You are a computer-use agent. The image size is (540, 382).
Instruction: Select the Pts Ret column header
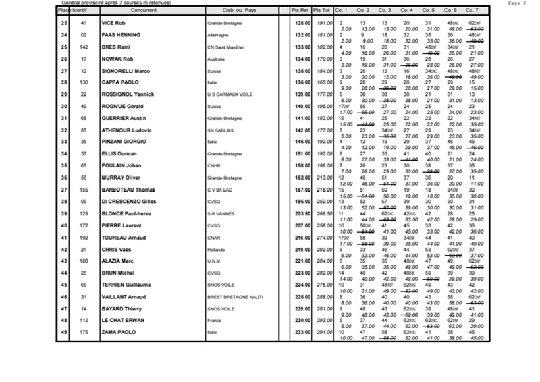[x=300, y=11]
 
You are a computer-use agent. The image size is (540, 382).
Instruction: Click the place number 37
[x=65, y=190]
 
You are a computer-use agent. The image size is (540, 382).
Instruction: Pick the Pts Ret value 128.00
[x=300, y=23]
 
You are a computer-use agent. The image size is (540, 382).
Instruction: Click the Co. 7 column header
[x=472, y=11]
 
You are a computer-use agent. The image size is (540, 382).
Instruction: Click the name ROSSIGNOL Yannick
[x=128, y=94]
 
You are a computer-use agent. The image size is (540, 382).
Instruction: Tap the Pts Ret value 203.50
[x=300, y=213]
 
